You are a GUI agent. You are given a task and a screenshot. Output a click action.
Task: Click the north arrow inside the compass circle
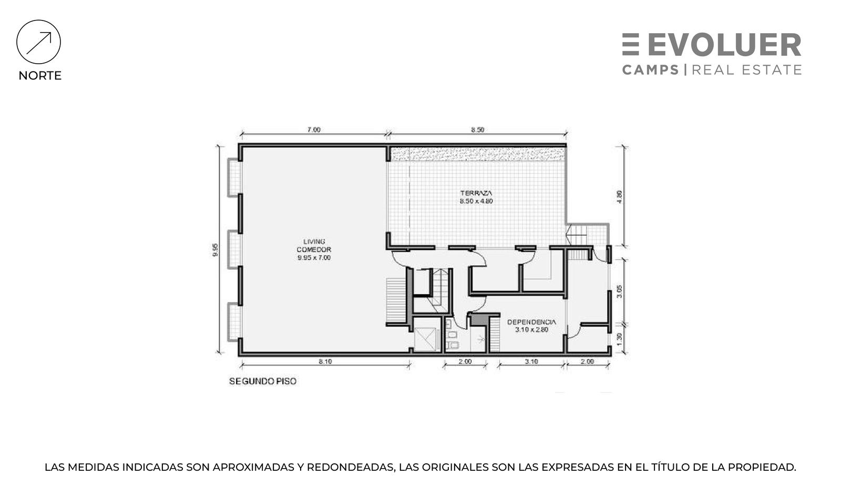39,43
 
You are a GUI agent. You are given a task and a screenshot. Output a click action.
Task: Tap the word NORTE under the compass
40,76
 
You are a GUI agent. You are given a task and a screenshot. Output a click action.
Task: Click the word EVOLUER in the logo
724,45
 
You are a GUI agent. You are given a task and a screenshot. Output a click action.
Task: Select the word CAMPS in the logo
651,70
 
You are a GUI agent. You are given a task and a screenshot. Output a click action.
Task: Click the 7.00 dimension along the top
314,130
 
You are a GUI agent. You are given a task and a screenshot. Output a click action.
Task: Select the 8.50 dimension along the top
478,130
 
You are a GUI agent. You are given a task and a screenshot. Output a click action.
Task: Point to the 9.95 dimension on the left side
215,250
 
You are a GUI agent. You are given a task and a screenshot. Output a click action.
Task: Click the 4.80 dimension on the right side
619,197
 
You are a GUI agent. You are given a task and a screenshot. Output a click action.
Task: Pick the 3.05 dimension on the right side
619,291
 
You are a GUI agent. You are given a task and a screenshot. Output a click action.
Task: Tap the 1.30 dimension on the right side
619,339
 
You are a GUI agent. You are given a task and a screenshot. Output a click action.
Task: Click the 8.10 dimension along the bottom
325,362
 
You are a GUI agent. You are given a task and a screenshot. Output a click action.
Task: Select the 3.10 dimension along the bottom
531,362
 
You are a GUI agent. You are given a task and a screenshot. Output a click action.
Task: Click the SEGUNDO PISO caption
263,381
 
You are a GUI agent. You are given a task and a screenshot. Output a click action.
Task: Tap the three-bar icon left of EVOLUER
631,45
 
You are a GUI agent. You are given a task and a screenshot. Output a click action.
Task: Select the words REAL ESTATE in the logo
747,70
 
